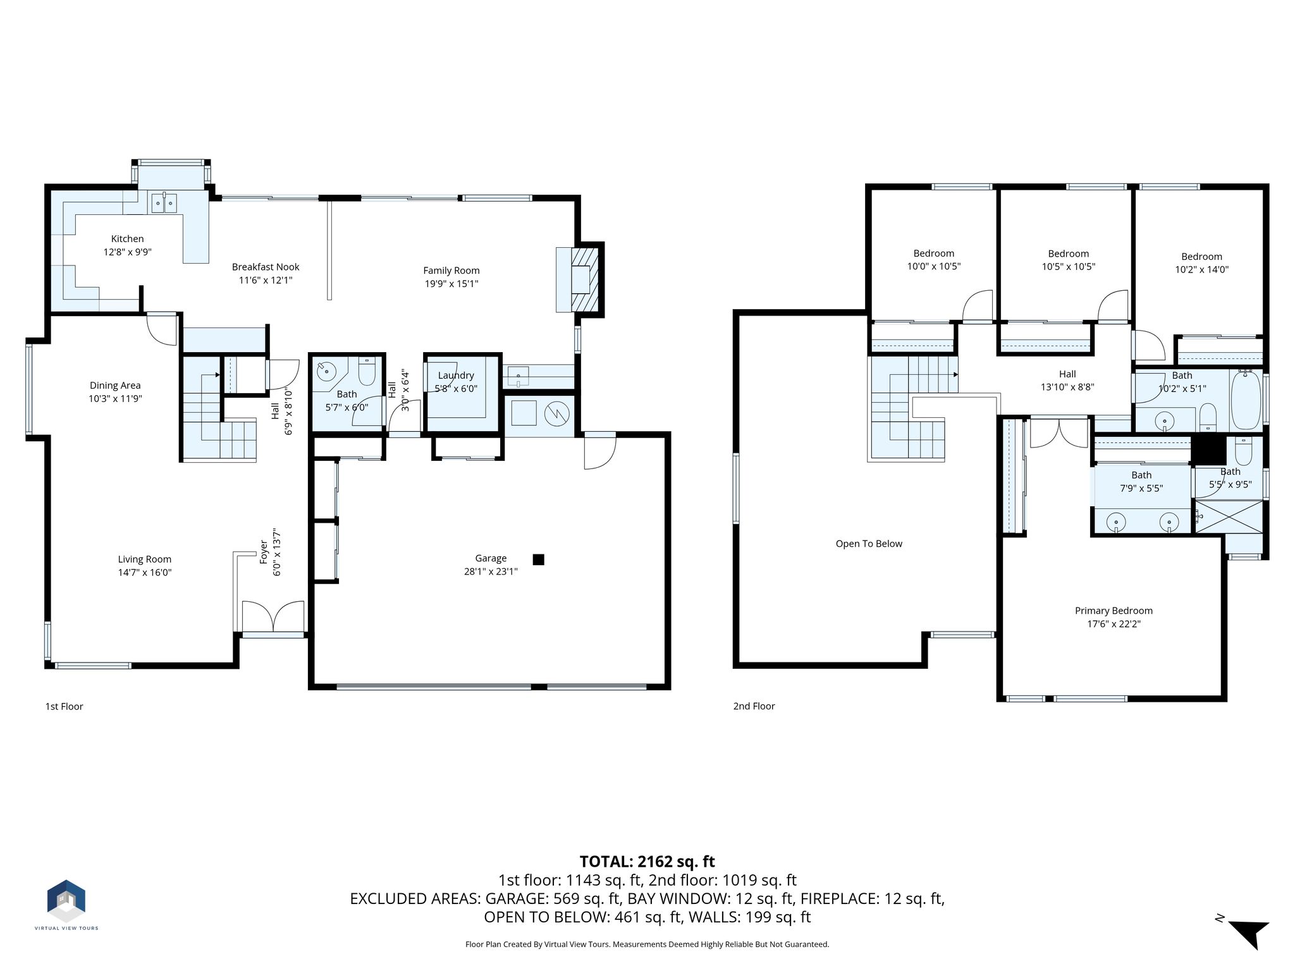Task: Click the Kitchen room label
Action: (127, 239)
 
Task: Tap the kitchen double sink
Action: (164, 203)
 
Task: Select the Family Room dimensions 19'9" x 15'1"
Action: (451, 284)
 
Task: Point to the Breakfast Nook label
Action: (266, 267)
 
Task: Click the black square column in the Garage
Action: (539, 559)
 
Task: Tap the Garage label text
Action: (491, 558)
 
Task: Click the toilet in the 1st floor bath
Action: (367, 372)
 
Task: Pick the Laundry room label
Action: (456, 376)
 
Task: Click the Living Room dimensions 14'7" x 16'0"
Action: (145, 573)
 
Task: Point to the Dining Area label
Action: (115, 386)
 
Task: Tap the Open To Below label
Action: (869, 544)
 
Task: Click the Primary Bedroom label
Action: (1114, 611)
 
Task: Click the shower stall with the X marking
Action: (1228, 516)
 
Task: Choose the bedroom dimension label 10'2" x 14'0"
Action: (1201, 270)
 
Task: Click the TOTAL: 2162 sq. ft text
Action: (647, 862)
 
